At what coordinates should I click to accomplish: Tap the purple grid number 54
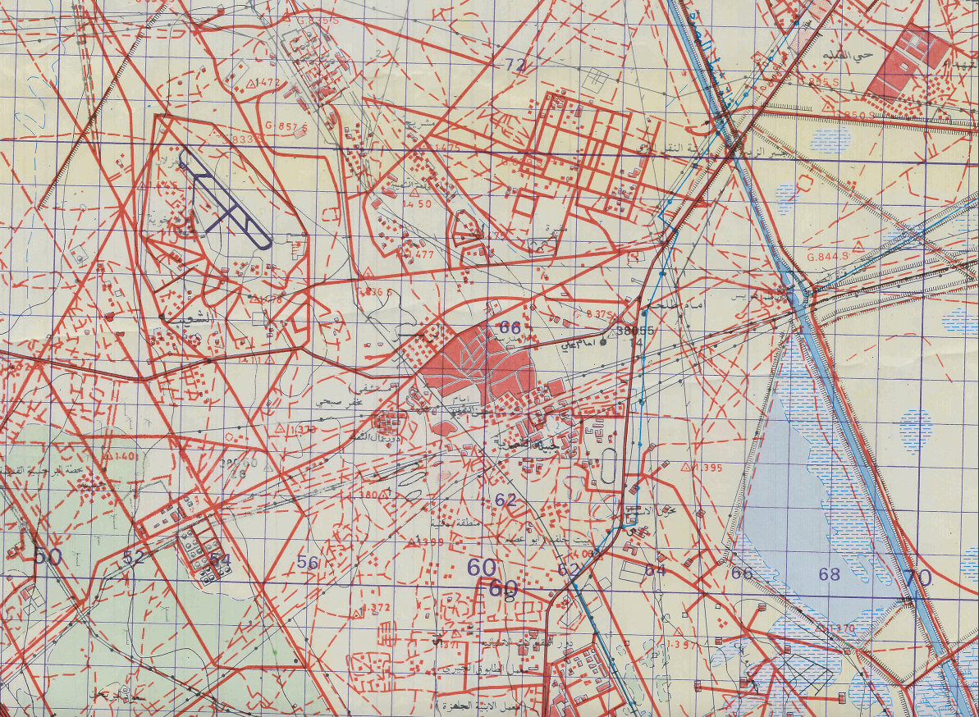[x=220, y=559]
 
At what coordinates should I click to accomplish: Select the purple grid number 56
[x=308, y=562]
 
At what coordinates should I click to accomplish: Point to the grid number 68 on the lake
[x=830, y=574]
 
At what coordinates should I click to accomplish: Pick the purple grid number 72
[x=515, y=64]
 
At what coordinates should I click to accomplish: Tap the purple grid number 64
[x=655, y=569]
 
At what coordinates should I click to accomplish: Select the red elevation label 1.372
[x=377, y=608]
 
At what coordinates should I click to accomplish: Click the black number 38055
[x=634, y=331]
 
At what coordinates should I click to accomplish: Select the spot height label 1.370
[x=842, y=628]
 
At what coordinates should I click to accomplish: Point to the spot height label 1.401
[x=125, y=455]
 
